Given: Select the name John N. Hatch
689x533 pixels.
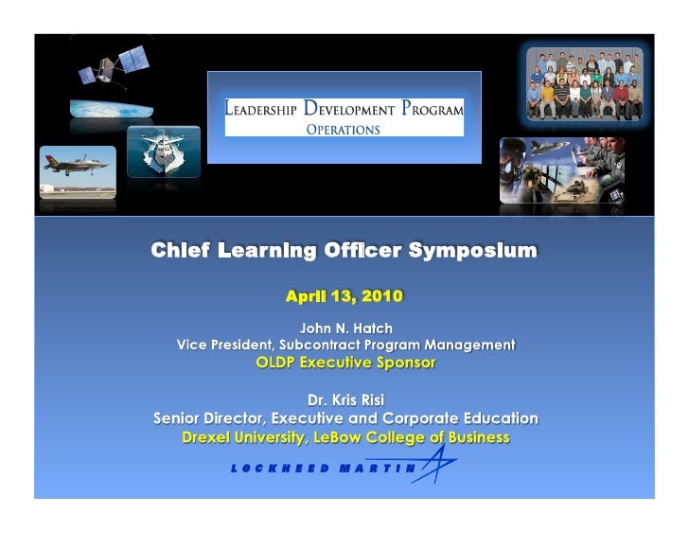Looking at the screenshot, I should [345, 328].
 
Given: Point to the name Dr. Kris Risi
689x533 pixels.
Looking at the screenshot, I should [345, 400].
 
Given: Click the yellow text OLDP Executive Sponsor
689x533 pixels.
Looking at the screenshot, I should [345, 362].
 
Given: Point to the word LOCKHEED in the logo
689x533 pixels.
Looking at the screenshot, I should [279, 468].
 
